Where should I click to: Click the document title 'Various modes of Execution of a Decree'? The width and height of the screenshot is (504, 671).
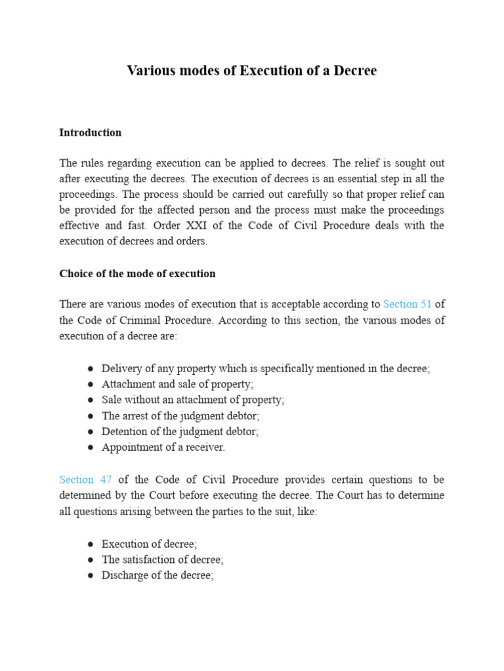252,71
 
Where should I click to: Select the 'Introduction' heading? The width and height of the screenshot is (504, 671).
90,132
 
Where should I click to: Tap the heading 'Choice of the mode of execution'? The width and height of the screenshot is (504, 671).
137,274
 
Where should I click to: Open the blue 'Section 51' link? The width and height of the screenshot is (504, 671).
407,304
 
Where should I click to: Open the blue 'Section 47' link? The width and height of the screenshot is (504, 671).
85,480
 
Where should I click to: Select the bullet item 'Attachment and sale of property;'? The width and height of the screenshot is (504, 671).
177,385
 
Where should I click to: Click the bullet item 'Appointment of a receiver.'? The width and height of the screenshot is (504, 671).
163,448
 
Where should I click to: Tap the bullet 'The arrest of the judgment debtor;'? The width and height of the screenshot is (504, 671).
180,416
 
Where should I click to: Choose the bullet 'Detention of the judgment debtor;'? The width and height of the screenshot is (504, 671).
180,432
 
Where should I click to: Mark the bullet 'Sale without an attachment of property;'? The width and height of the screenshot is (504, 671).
193,400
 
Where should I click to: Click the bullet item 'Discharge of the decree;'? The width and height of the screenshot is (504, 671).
158,575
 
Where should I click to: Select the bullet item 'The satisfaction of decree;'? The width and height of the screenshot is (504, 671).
163,560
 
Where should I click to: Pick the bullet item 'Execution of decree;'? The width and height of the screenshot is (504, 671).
149,544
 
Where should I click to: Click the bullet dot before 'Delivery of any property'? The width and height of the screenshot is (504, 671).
89,369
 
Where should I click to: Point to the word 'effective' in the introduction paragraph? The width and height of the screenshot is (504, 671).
79,225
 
